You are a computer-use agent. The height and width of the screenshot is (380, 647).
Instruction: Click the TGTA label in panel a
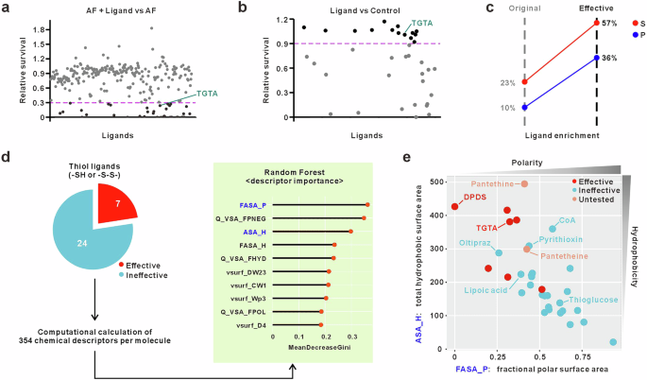click(207, 94)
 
